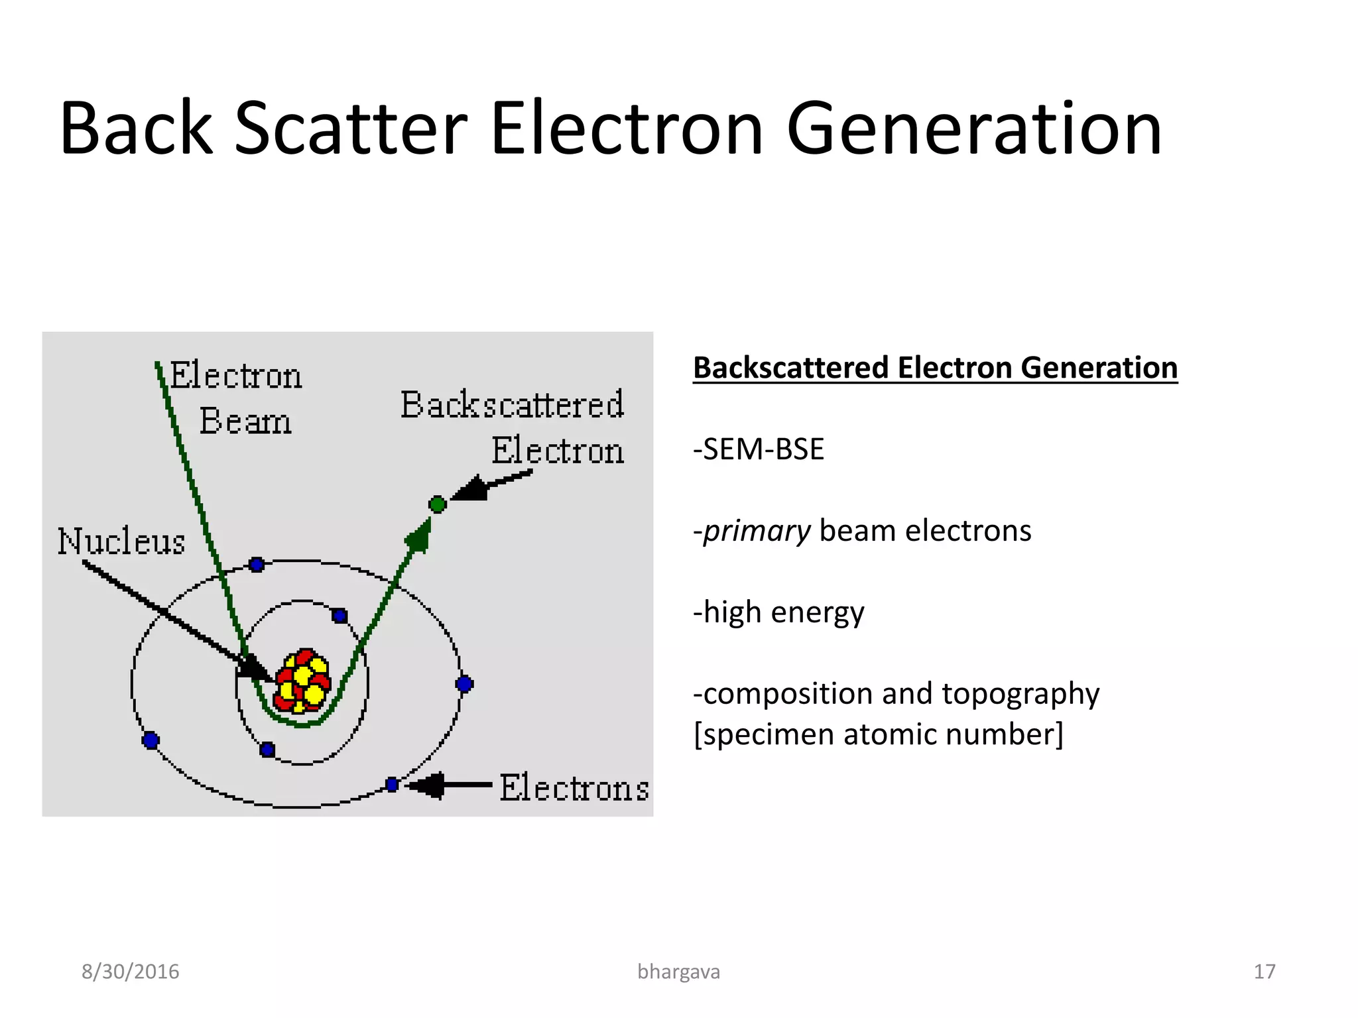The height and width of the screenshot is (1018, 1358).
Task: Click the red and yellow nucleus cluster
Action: (x=302, y=681)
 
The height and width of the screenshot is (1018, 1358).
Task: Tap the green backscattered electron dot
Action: (x=437, y=504)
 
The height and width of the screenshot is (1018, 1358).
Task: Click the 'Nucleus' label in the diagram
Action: (x=121, y=541)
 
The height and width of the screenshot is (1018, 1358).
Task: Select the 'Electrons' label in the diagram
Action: (x=574, y=788)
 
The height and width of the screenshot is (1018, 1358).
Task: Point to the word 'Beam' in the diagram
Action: (x=245, y=421)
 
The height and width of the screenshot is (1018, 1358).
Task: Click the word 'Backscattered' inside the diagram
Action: (x=512, y=405)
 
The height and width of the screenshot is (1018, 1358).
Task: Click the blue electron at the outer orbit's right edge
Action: (x=464, y=684)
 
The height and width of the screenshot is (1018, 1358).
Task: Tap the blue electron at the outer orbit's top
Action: (x=257, y=565)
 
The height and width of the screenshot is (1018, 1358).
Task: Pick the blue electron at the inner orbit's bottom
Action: (x=267, y=750)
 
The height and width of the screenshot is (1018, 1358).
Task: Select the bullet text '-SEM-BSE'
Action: (x=759, y=449)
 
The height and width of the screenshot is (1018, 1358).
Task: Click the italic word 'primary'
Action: (x=757, y=531)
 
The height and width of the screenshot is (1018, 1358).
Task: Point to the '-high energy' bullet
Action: (x=778, y=612)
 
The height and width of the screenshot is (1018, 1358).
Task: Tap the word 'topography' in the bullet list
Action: (x=1020, y=694)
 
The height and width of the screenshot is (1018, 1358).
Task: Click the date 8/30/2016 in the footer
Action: (x=131, y=972)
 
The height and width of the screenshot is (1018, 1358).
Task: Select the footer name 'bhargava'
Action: (x=678, y=972)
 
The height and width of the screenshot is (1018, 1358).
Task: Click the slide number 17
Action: (x=1264, y=972)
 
